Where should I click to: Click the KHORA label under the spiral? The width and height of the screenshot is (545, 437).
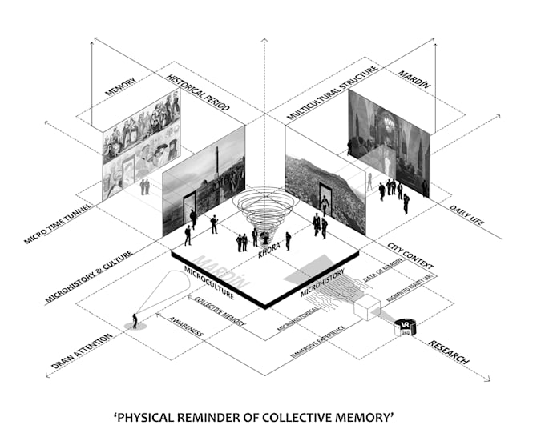[268, 254]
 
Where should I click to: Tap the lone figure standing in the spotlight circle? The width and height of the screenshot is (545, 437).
[135, 320]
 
